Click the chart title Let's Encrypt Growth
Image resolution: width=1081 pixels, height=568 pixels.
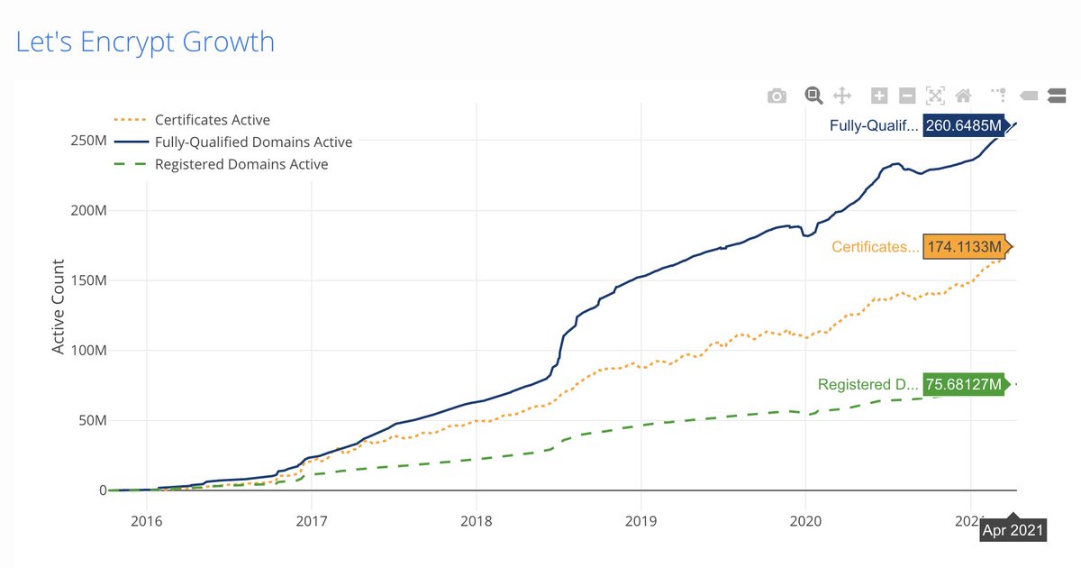click(145, 41)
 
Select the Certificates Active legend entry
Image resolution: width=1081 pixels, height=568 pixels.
click(212, 120)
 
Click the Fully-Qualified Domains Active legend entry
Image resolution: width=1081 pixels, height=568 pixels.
click(253, 142)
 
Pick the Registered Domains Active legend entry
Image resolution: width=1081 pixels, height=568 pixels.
click(241, 164)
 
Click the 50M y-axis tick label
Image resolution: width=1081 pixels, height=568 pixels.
click(92, 420)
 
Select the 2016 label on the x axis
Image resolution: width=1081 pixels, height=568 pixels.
click(146, 520)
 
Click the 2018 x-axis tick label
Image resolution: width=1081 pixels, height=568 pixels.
click(476, 520)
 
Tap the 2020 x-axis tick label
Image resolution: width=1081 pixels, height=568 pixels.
click(804, 520)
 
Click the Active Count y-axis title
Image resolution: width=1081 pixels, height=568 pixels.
click(59, 307)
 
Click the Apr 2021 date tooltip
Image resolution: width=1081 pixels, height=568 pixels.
click(1013, 530)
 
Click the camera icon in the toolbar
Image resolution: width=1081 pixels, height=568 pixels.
click(777, 96)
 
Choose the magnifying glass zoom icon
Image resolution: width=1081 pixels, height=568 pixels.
click(813, 95)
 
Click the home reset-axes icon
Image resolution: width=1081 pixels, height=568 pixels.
click(963, 96)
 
